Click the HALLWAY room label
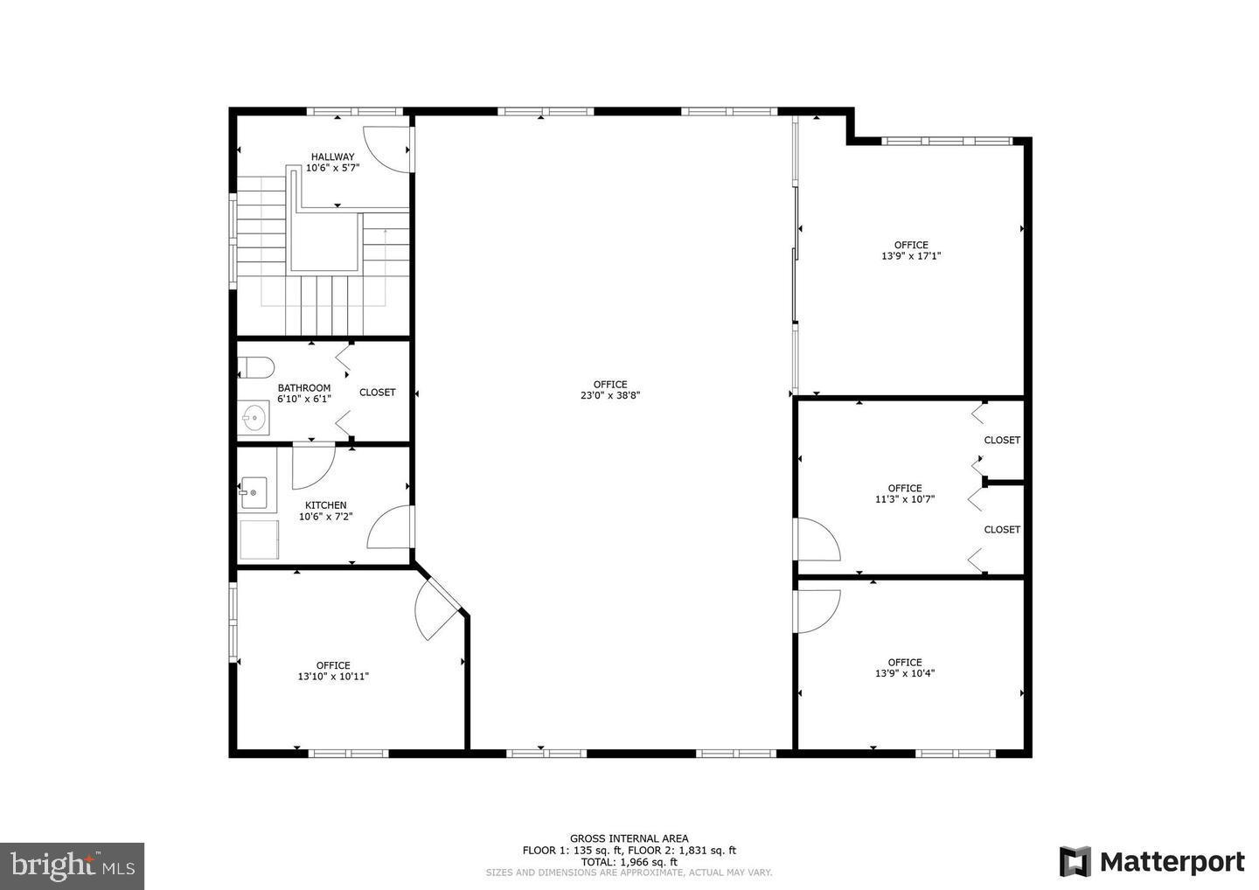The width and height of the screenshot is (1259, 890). (x=333, y=156)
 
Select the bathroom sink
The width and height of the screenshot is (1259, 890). (x=254, y=418)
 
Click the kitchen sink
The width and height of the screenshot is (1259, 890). (x=254, y=493)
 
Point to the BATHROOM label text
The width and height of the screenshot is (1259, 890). (x=304, y=387)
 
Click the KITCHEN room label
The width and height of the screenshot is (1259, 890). (x=326, y=505)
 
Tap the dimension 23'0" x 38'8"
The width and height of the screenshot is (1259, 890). (x=610, y=395)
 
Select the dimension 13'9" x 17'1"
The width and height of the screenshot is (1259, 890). (x=911, y=255)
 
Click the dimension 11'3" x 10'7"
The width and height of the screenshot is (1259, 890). (x=905, y=498)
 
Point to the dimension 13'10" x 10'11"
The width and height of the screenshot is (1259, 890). (x=333, y=676)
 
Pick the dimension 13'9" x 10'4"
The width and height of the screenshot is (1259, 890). (x=905, y=672)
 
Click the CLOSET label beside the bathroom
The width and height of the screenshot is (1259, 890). (x=377, y=393)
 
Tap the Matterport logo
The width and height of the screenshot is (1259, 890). (x=1152, y=861)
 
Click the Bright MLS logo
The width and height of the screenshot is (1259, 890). (x=72, y=866)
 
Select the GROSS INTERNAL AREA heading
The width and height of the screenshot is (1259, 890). (x=629, y=838)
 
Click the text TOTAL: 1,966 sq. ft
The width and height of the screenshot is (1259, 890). (x=629, y=862)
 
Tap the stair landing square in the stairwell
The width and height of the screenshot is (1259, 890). (x=323, y=242)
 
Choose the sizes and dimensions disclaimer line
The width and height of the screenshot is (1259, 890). (x=629, y=873)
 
